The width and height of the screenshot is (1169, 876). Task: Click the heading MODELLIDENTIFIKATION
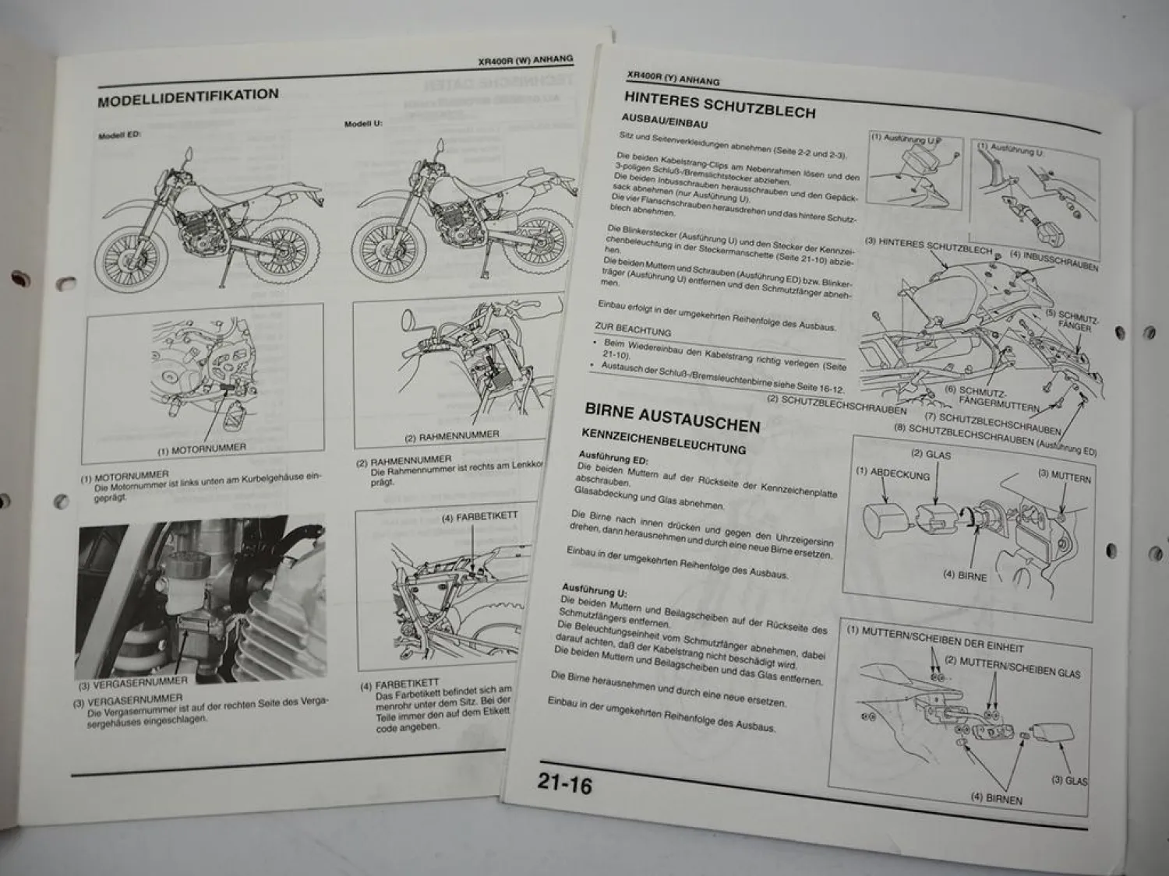188,97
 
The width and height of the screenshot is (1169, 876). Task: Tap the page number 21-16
563,784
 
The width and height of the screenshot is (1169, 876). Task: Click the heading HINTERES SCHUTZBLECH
719,104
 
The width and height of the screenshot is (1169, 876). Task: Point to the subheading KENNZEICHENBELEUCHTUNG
663,442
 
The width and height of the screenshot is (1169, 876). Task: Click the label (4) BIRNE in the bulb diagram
964,576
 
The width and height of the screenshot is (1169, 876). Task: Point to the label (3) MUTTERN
1064,475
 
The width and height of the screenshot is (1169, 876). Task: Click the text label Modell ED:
118,135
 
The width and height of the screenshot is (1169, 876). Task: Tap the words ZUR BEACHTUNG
632,330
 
